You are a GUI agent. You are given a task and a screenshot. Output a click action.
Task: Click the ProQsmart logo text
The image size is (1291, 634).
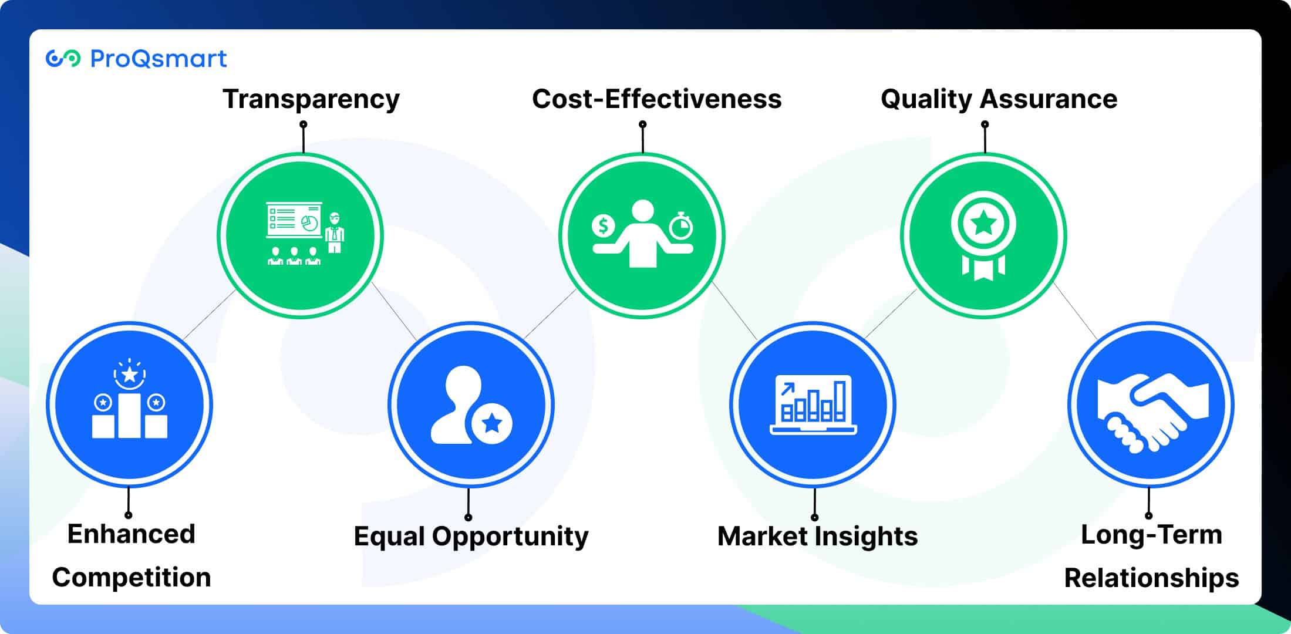click(159, 59)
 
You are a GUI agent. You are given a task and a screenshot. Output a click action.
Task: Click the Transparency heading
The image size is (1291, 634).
click(311, 99)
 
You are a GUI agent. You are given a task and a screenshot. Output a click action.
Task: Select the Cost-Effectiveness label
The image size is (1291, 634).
click(656, 99)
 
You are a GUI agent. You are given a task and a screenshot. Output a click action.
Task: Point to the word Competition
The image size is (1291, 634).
click(132, 578)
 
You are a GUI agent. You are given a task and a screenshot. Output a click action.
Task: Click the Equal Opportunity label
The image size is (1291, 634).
click(471, 537)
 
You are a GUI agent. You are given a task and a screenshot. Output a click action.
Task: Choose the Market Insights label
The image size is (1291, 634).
click(817, 537)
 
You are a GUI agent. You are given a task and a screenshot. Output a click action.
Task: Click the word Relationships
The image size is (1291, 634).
click(1151, 578)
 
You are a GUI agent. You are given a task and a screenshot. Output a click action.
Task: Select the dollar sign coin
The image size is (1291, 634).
click(603, 225)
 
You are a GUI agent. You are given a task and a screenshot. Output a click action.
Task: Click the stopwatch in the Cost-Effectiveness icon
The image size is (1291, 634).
click(681, 225)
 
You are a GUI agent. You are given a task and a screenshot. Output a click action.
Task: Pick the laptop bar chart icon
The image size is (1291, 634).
click(813, 405)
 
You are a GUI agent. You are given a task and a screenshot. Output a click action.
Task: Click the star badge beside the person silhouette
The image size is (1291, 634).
click(492, 423)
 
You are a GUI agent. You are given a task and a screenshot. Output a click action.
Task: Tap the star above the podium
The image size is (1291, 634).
click(130, 374)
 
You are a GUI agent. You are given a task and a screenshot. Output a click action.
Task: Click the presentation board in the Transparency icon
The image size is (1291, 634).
click(294, 221)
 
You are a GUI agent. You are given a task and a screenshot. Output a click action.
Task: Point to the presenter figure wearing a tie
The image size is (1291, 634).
click(335, 232)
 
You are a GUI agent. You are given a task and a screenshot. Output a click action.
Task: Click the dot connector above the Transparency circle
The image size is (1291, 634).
click(304, 124)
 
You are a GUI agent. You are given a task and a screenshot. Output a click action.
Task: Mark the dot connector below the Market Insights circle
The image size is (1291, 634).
click(814, 517)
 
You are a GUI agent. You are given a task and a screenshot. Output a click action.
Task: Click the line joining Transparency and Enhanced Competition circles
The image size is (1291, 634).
click(209, 315)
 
